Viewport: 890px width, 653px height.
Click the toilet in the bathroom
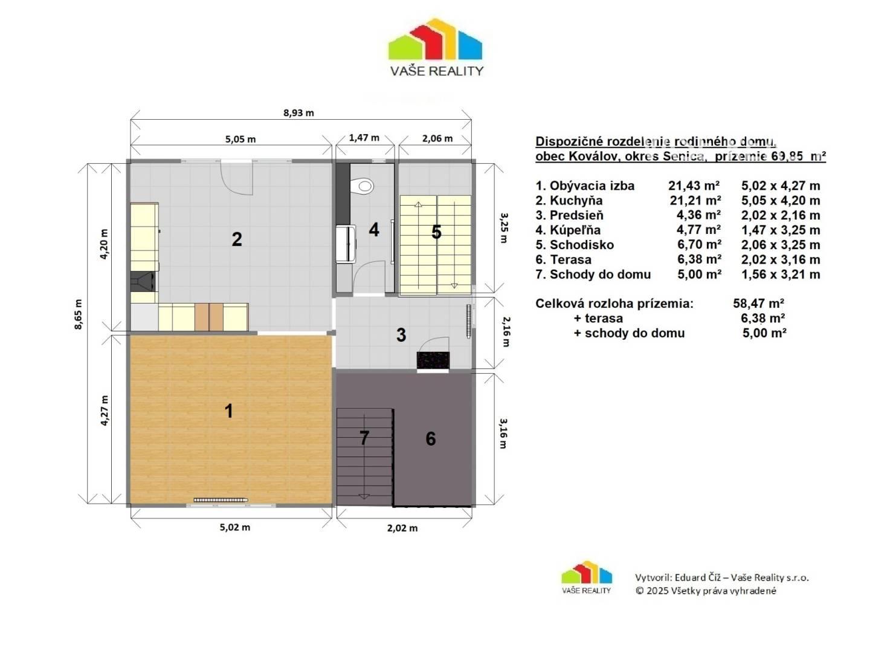pyautogui.click(x=362, y=186)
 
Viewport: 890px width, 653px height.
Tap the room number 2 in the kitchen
pyautogui.click(x=237, y=239)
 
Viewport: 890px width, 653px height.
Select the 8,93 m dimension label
pyautogui.click(x=298, y=113)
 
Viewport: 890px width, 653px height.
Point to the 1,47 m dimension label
pyautogui.click(x=364, y=138)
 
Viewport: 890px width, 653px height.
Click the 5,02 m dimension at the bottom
pyautogui.click(x=235, y=527)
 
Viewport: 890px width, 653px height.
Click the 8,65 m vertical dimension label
pyautogui.click(x=79, y=314)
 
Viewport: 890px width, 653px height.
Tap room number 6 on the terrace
pyautogui.click(x=431, y=438)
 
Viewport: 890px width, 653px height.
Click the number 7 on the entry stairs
pyautogui.click(x=364, y=438)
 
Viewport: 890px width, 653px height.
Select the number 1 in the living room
pyautogui.click(x=228, y=411)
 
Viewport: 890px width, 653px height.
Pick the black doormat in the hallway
pyautogui.click(x=433, y=361)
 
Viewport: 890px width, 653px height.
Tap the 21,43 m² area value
pyautogui.click(x=694, y=186)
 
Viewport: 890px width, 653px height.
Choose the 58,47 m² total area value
pyautogui.click(x=758, y=304)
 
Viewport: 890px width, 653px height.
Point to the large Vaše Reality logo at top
pyautogui.click(x=436, y=47)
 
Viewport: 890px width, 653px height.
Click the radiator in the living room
pyautogui.click(x=221, y=500)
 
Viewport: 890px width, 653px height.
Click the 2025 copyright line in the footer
pyautogui.click(x=706, y=591)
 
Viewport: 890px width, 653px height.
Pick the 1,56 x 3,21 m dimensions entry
pyautogui.click(x=781, y=275)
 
